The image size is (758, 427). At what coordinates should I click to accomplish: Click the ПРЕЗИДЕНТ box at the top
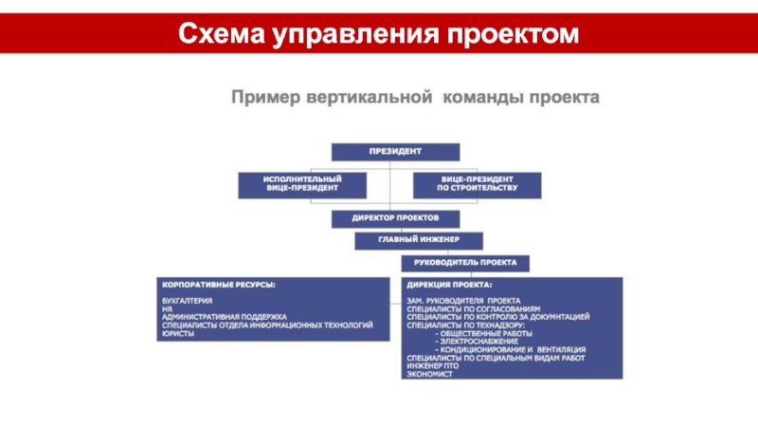pyautogui.click(x=395, y=152)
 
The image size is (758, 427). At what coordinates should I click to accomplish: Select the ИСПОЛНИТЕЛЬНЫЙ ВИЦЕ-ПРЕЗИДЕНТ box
pyautogui.click(x=289, y=184)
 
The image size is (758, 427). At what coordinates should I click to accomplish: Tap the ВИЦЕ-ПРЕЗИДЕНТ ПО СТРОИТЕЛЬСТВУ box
pyautogui.click(x=478, y=184)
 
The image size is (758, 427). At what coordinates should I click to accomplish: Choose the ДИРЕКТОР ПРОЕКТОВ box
pyautogui.click(x=395, y=219)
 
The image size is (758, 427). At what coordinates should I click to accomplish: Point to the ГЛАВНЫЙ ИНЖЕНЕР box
pyautogui.click(x=419, y=240)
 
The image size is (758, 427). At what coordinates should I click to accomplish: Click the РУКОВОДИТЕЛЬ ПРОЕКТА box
pyautogui.click(x=465, y=263)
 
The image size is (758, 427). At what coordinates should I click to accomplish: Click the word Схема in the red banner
pyautogui.click(x=221, y=35)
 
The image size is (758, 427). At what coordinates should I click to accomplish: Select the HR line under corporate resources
pyautogui.click(x=168, y=309)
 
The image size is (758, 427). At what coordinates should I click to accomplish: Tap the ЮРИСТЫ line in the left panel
pyautogui.click(x=179, y=333)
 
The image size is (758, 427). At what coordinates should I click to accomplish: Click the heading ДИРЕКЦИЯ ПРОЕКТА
pyautogui.click(x=449, y=285)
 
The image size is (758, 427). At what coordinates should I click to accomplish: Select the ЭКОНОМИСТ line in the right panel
pyautogui.click(x=430, y=373)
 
